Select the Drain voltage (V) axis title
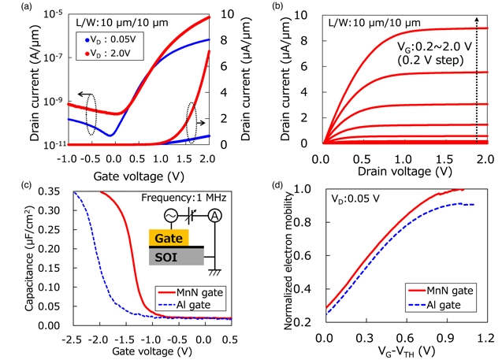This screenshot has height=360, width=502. click(x=397, y=169)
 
